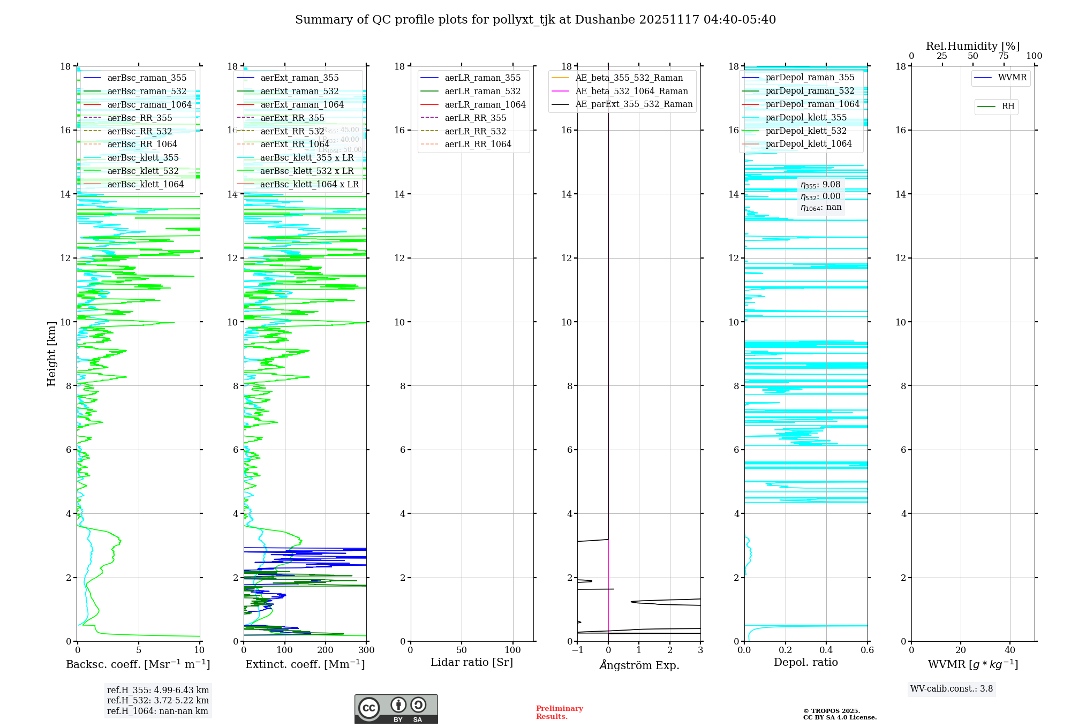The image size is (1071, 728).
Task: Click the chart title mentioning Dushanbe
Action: click(535, 20)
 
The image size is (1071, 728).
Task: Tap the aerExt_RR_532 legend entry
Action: click(292, 131)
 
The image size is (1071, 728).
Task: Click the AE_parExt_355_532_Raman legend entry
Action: click(633, 104)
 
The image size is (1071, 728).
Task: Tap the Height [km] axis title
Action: click(51, 353)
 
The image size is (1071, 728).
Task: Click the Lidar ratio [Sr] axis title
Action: click(472, 662)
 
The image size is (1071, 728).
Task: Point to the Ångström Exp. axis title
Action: click(639, 665)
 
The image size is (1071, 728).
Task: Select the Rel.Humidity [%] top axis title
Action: click(972, 46)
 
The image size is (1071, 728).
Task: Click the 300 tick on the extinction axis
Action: click(367, 650)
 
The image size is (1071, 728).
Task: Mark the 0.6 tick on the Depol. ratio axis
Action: click(867, 650)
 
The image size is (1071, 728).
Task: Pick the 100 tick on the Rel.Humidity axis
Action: click(1034, 56)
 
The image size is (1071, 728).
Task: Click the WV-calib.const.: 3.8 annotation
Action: click(952, 689)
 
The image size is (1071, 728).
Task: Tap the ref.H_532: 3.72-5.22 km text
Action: click(158, 700)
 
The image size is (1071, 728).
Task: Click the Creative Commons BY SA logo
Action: click(396, 709)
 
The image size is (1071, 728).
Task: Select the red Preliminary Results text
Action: click(559, 712)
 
